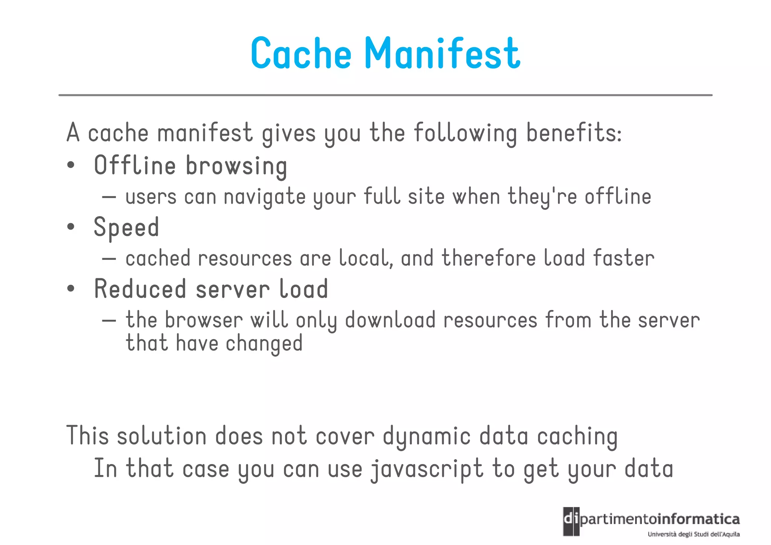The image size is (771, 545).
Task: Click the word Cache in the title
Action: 301,53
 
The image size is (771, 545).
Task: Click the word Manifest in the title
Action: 443,53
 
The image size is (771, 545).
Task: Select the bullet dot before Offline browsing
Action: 71,165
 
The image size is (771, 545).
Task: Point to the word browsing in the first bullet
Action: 236,166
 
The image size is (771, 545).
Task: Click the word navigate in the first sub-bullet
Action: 265,197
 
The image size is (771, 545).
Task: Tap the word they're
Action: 542,197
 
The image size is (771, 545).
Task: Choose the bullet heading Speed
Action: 126,227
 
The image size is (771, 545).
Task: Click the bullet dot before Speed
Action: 71,227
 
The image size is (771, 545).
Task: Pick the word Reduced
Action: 140,289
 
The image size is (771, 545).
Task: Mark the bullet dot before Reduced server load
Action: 71,289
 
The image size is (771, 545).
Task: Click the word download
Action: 390,320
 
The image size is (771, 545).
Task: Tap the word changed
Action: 264,344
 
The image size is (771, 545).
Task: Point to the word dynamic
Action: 427,436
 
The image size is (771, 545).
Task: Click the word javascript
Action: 427,469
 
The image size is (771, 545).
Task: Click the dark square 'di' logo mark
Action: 571,522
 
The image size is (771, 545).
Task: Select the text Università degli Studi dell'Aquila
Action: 693,534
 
